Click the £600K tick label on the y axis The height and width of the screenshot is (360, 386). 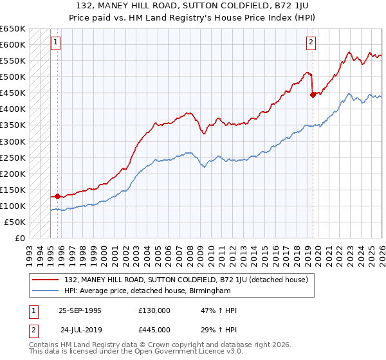point(13,45)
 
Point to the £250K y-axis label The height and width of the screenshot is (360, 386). point(13,157)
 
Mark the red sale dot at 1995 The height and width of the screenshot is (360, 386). point(58,196)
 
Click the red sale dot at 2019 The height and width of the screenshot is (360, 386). point(313,94)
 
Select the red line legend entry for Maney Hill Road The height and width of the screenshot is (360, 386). point(187,280)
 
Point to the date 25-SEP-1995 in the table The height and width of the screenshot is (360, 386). point(80,310)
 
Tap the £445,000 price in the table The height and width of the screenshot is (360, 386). point(154,329)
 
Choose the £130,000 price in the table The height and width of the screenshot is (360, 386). point(154,310)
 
